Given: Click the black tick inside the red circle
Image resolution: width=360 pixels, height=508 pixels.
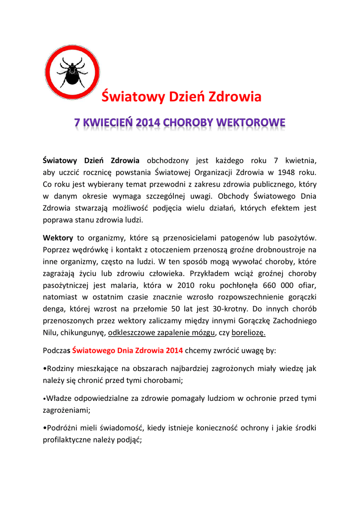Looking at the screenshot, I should pos(72,72).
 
